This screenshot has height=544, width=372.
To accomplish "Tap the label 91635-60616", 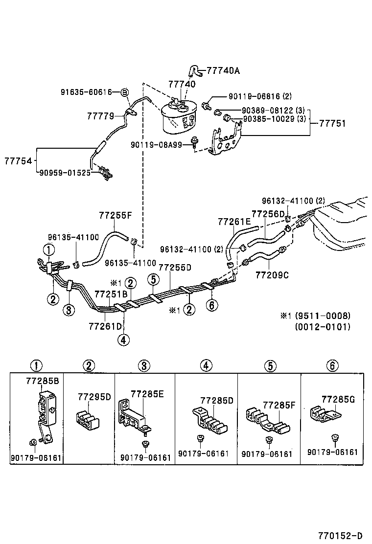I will [87, 92].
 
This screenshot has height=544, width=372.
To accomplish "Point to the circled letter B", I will [124, 92].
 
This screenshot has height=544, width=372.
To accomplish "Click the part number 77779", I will [100, 116].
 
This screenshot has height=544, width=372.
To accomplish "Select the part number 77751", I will [332, 123].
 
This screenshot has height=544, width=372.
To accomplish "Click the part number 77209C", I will [272, 275].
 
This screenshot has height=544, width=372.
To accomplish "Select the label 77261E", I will [234, 222].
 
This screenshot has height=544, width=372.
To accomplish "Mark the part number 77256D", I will [268, 214].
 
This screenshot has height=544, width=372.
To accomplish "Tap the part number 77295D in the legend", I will [95, 396].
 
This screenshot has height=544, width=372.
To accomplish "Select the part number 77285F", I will [279, 405].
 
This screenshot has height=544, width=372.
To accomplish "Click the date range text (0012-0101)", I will [323, 326].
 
